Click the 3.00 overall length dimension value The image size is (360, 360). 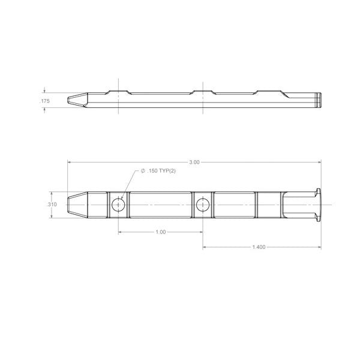[x=194, y=162]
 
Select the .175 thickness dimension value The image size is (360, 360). [x=45, y=101]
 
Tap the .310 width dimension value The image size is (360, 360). [x=52, y=205]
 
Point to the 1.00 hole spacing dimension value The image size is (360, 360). [x=160, y=232]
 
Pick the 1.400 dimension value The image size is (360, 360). [x=259, y=247]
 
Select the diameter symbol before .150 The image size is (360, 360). [x=143, y=172]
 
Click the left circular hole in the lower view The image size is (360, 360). [x=118, y=205]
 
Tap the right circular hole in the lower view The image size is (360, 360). [x=202, y=205]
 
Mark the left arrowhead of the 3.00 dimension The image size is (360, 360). [x=69, y=162]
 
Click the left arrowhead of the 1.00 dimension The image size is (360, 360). [x=120, y=232]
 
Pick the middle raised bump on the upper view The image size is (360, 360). [x=202, y=91]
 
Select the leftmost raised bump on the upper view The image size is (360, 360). [x=118, y=91]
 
